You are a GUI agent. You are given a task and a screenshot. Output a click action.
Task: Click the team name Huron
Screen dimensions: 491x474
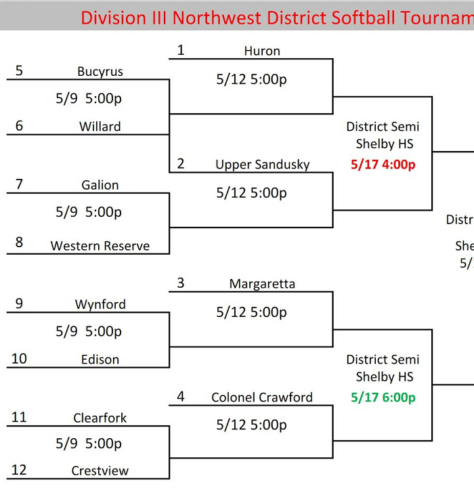[x=262, y=51]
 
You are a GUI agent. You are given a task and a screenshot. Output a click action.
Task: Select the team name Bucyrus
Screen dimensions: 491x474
[x=100, y=72]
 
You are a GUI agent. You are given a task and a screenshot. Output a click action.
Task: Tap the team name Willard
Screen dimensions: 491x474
[x=100, y=127]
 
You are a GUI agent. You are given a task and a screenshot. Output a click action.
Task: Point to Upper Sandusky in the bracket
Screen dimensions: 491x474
[x=262, y=165]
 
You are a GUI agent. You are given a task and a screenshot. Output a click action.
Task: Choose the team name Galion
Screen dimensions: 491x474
[x=100, y=185]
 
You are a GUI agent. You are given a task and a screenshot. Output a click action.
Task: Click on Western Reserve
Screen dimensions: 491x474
[x=100, y=246]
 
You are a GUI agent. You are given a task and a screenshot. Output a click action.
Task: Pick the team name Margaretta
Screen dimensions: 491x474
[x=262, y=284]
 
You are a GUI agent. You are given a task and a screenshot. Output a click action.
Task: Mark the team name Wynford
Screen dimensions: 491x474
[x=100, y=304]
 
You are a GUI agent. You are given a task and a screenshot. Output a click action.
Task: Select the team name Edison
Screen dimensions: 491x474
[x=100, y=360]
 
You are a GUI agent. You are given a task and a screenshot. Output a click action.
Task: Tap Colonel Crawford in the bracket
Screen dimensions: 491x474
[x=262, y=398]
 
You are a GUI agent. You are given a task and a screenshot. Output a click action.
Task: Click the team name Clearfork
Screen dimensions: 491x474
[x=100, y=418]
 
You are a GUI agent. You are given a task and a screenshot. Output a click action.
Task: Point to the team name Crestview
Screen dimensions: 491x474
[x=100, y=471]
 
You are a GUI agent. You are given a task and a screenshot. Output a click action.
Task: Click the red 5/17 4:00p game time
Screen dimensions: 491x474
[x=383, y=164]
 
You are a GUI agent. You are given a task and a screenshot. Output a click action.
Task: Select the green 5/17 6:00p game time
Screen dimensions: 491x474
[x=383, y=398]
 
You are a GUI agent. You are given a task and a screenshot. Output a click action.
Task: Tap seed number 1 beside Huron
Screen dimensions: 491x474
[x=181, y=50]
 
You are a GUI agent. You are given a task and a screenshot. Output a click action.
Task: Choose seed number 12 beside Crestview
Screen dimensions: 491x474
[x=19, y=470]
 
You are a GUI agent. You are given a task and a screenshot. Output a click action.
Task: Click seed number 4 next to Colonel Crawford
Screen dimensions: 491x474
[x=181, y=397]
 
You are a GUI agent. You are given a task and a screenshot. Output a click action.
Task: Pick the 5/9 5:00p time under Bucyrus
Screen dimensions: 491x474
[x=89, y=99]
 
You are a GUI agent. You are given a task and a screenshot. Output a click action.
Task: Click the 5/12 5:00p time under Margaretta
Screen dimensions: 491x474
[x=251, y=312]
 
